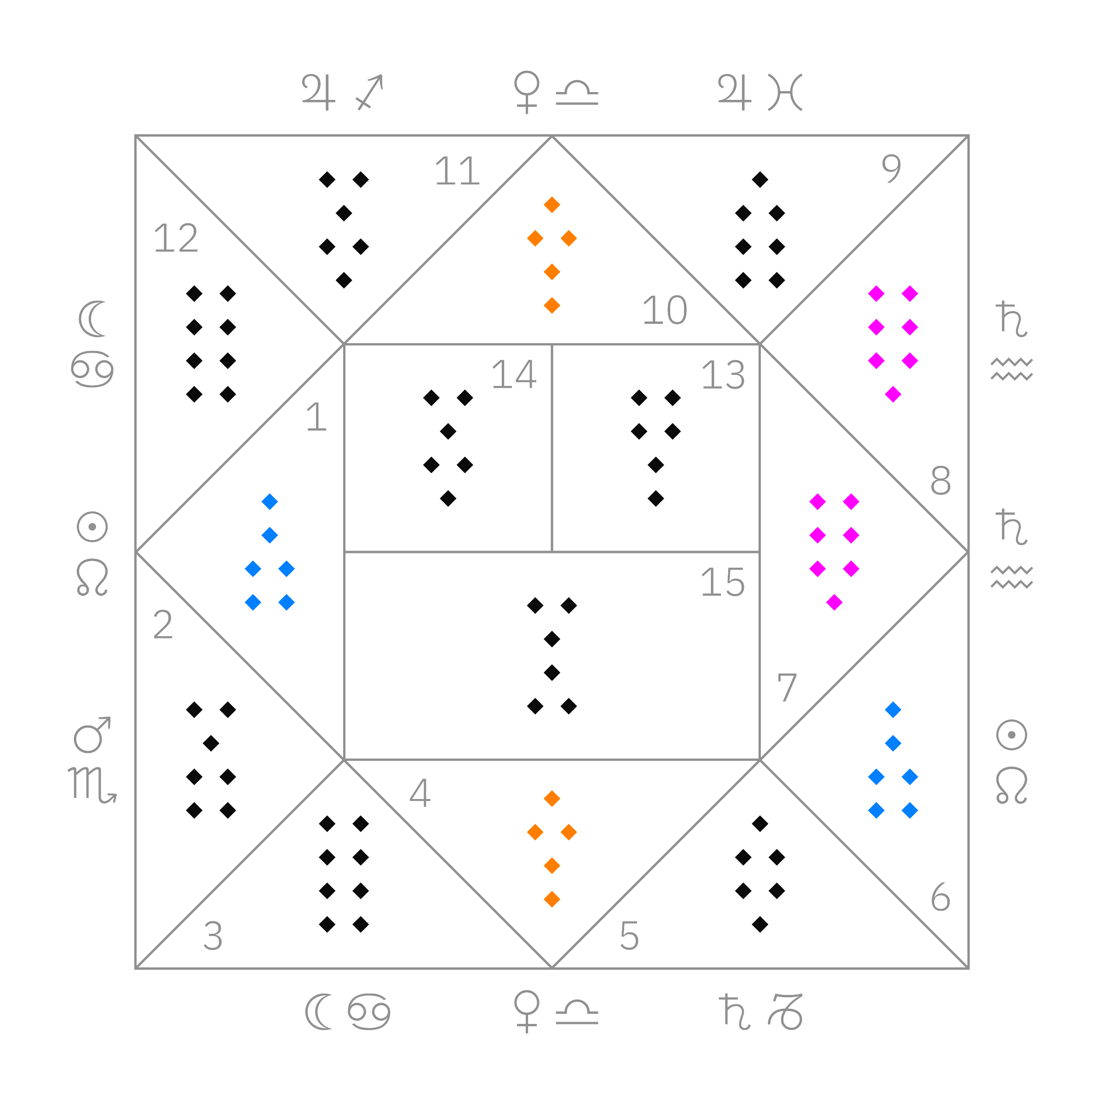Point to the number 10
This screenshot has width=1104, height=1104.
coord(665,310)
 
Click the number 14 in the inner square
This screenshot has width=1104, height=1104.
coord(514,375)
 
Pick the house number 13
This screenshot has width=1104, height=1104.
coord(724,375)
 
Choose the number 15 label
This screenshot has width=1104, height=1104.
coord(723,583)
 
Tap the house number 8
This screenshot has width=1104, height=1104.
coord(941,481)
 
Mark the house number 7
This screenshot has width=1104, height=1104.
coord(787,687)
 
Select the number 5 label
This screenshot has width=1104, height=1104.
coord(629,936)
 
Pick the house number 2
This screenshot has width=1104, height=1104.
coord(163,625)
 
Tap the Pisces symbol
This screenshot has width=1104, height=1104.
coord(785,92)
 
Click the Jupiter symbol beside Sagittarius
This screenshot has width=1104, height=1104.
coord(318,92)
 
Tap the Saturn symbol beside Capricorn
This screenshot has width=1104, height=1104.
coord(734,1012)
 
